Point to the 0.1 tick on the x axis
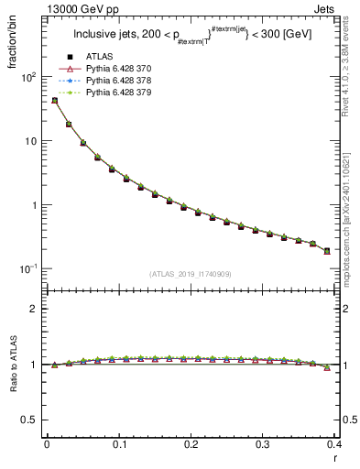click(118, 444)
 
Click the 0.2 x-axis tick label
click(191, 444)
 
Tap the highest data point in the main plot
click(54, 101)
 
